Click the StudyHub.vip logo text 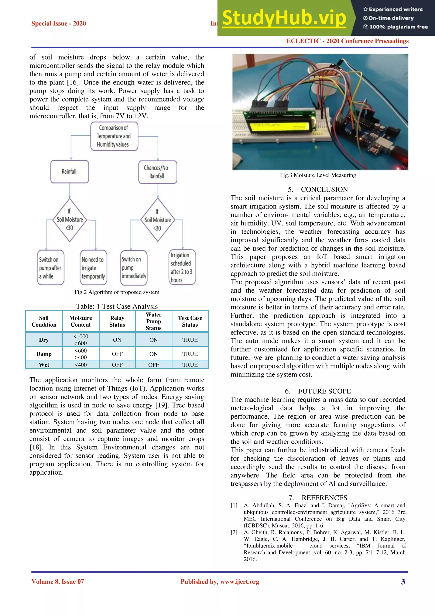284,18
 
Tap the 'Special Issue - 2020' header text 59,23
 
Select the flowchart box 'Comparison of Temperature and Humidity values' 114,136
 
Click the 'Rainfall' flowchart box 69,171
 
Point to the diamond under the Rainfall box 70,220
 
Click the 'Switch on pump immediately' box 134,267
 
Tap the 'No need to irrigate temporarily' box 93,267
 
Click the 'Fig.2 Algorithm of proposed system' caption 117,292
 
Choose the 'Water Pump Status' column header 154,321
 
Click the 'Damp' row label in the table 44,354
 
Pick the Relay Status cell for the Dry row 117,340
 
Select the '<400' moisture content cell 81,365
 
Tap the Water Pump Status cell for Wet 154,365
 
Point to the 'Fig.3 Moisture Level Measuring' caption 318,175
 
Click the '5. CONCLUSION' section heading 318,189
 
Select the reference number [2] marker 234,532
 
